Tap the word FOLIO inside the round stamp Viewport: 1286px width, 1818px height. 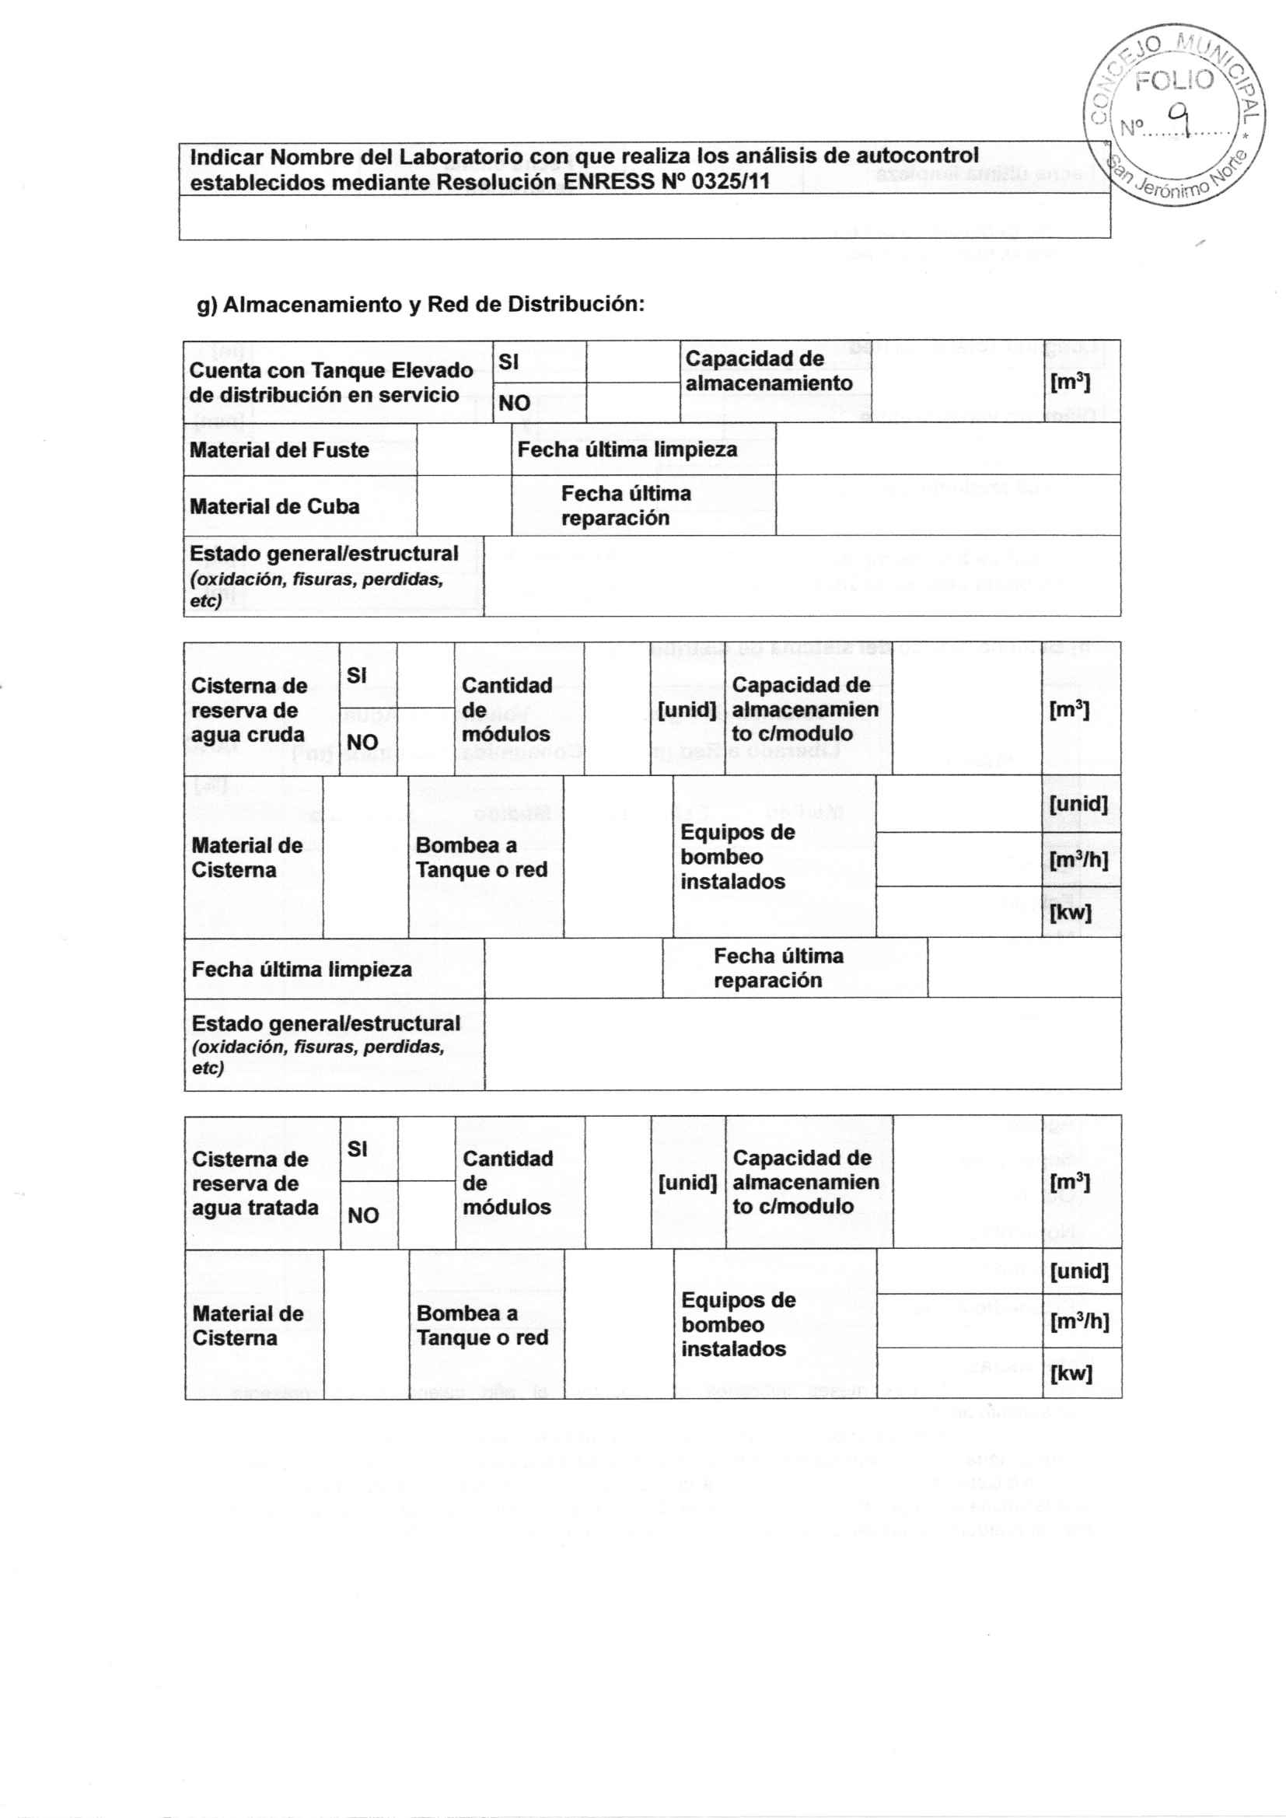[1173, 80]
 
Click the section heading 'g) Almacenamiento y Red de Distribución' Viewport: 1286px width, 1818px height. [421, 304]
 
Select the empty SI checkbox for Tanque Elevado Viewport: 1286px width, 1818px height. [633, 362]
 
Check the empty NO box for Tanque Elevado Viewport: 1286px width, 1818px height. [633, 403]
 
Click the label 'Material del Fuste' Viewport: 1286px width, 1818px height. [279, 449]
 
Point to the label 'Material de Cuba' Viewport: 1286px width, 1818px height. [274, 506]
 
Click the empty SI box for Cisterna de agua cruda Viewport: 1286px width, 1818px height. [425, 675]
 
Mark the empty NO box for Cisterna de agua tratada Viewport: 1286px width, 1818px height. [426, 1215]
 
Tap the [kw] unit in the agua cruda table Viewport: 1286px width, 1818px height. [1070, 912]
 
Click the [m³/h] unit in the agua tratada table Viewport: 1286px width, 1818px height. [1078, 1322]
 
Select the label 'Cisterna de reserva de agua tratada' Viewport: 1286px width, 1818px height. [255, 1183]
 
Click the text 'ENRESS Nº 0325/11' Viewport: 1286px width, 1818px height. [666, 182]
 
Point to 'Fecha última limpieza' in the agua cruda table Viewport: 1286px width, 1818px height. [302, 969]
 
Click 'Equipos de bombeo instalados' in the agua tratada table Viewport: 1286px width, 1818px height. [738, 1324]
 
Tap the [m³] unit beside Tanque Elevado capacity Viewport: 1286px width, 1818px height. [1070, 383]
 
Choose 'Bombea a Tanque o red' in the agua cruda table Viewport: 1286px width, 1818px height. [481, 858]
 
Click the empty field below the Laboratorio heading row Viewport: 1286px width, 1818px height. [644, 216]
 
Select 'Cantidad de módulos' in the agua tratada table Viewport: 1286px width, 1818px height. [508, 1182]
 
